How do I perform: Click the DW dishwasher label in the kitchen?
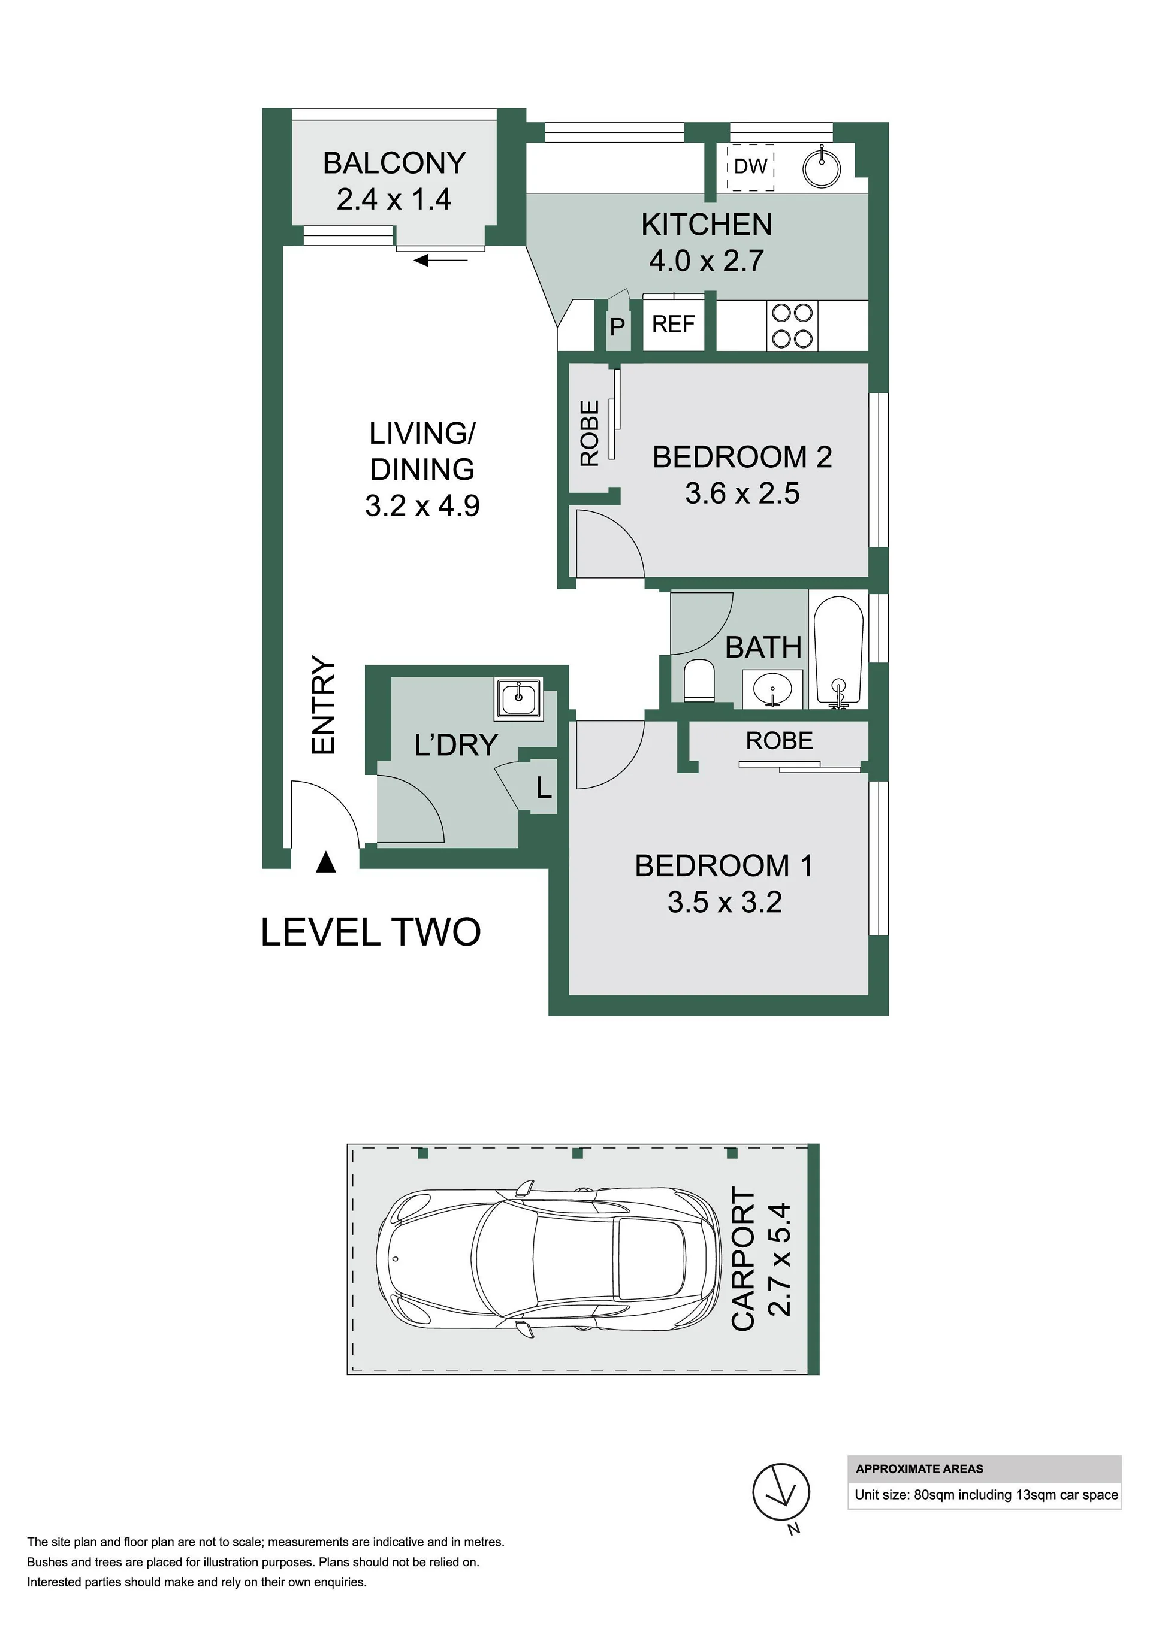coord(750,166)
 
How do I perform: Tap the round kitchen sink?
coord(822,168)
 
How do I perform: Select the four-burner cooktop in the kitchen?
coord(792,325)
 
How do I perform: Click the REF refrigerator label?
coord(673,325)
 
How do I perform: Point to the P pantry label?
coord(617,327)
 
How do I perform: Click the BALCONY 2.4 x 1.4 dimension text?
coord(394,199)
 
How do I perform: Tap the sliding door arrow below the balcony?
coord(440,261)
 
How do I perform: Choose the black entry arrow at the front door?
coord(325,862)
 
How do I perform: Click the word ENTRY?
coord(323,705)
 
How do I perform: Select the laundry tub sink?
coord(519,698)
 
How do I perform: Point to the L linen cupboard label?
coord(544,787)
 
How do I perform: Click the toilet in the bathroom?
coord(699,680)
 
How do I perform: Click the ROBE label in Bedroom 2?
coord(590,434)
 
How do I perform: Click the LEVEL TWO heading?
coord(370,932)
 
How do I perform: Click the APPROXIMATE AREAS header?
coord(919,1468)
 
